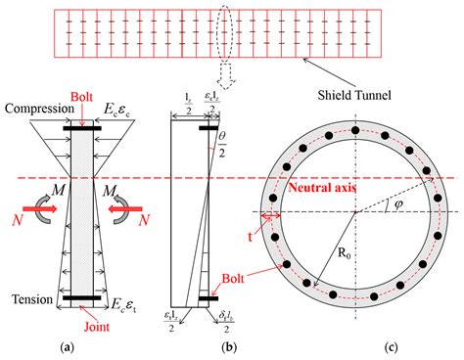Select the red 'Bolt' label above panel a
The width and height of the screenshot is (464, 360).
83,99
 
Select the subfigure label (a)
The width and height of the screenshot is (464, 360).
84,347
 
